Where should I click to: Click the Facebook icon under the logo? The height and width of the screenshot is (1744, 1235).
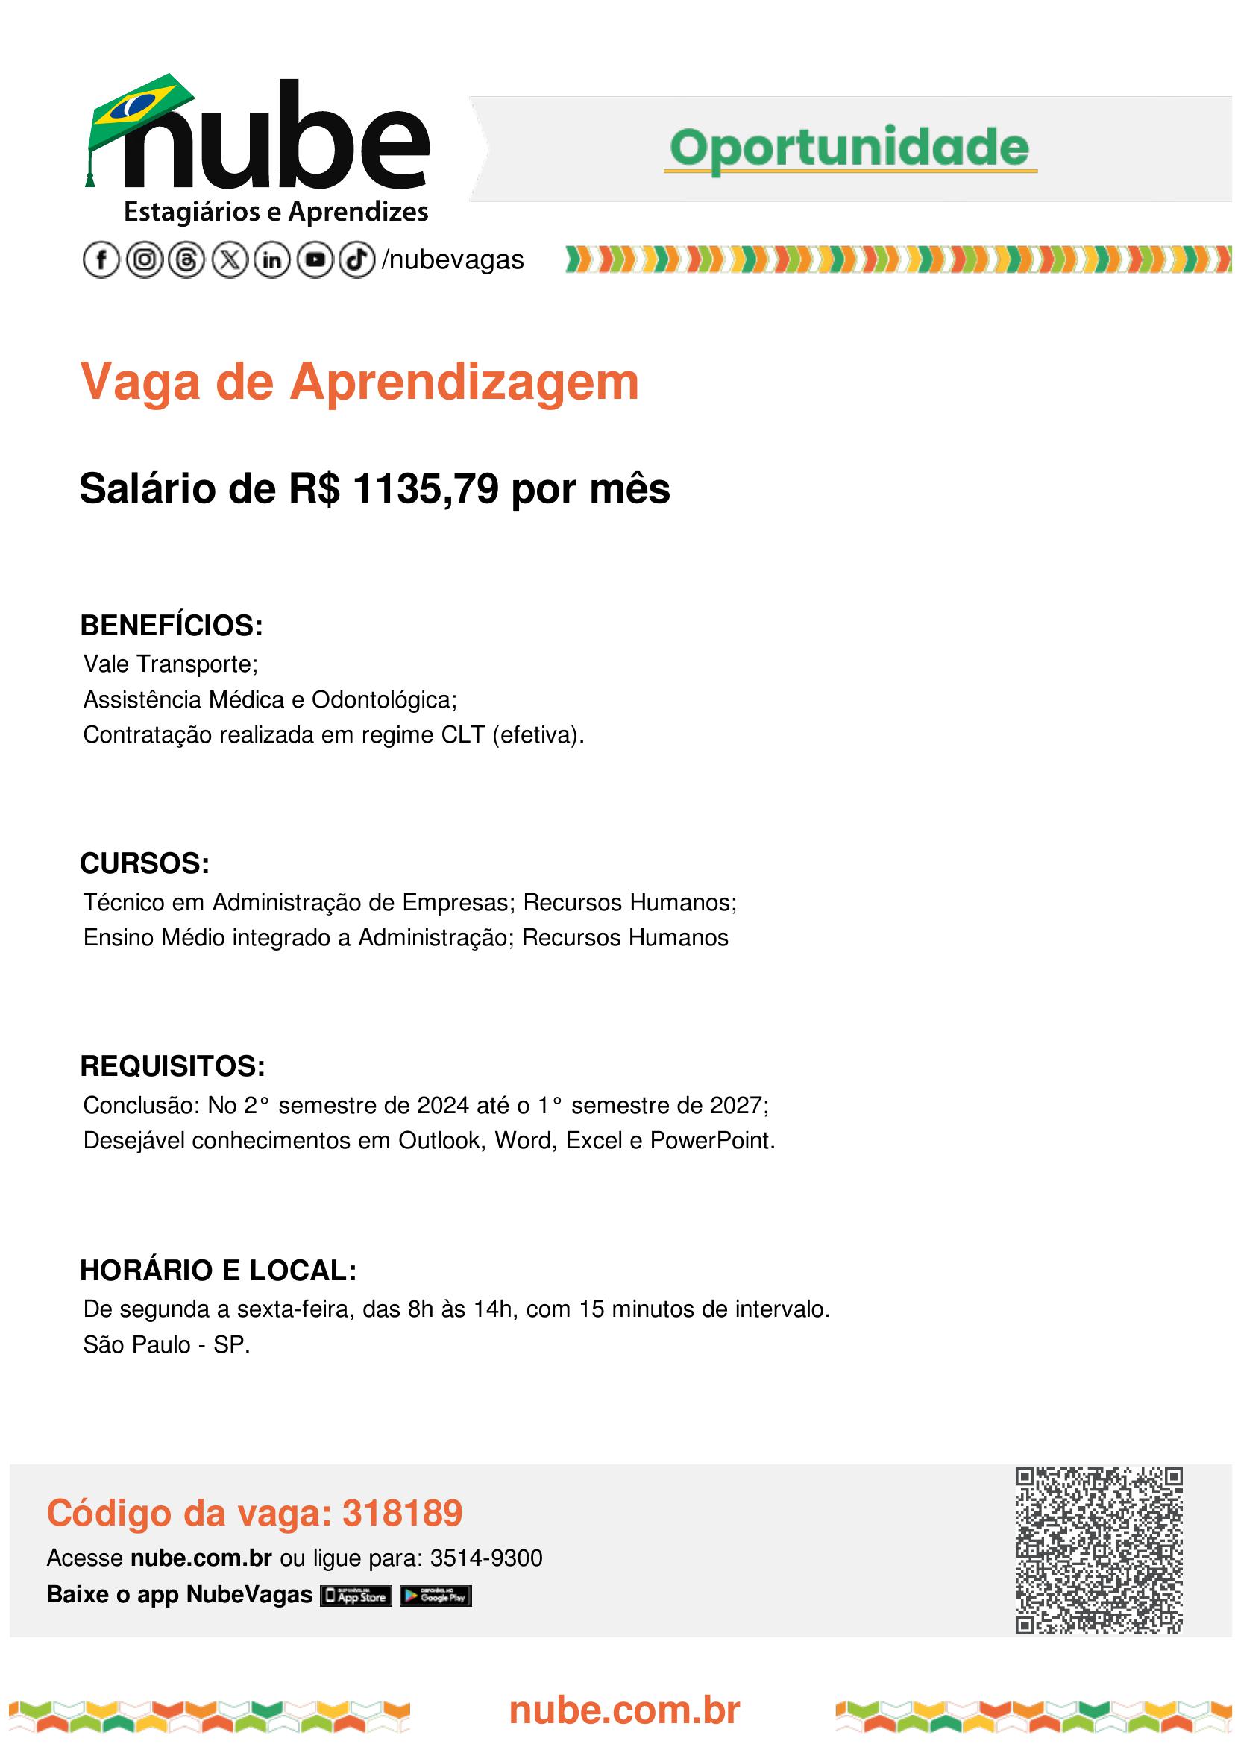101,261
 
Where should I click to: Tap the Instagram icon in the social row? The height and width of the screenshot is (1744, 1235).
144,261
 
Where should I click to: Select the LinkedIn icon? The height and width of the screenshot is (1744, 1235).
271,261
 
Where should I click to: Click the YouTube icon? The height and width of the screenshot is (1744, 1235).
314,261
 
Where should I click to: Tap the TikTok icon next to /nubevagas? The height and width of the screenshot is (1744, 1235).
356,261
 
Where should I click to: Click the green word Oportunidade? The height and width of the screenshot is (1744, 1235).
849,148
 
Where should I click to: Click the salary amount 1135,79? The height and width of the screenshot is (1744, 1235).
426,489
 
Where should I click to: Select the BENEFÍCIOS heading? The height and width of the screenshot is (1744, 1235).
171,626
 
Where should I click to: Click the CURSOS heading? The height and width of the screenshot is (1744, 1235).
145,864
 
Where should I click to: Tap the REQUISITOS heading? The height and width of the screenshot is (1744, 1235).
172,1067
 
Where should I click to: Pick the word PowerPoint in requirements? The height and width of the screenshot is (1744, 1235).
711,1140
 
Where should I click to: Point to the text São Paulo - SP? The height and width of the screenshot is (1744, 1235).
166,1345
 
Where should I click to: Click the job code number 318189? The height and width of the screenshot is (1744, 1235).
402,1513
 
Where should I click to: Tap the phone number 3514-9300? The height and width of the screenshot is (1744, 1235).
486,1558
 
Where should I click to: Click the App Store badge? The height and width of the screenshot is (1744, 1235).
356,1595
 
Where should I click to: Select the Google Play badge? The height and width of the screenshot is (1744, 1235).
436,1595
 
